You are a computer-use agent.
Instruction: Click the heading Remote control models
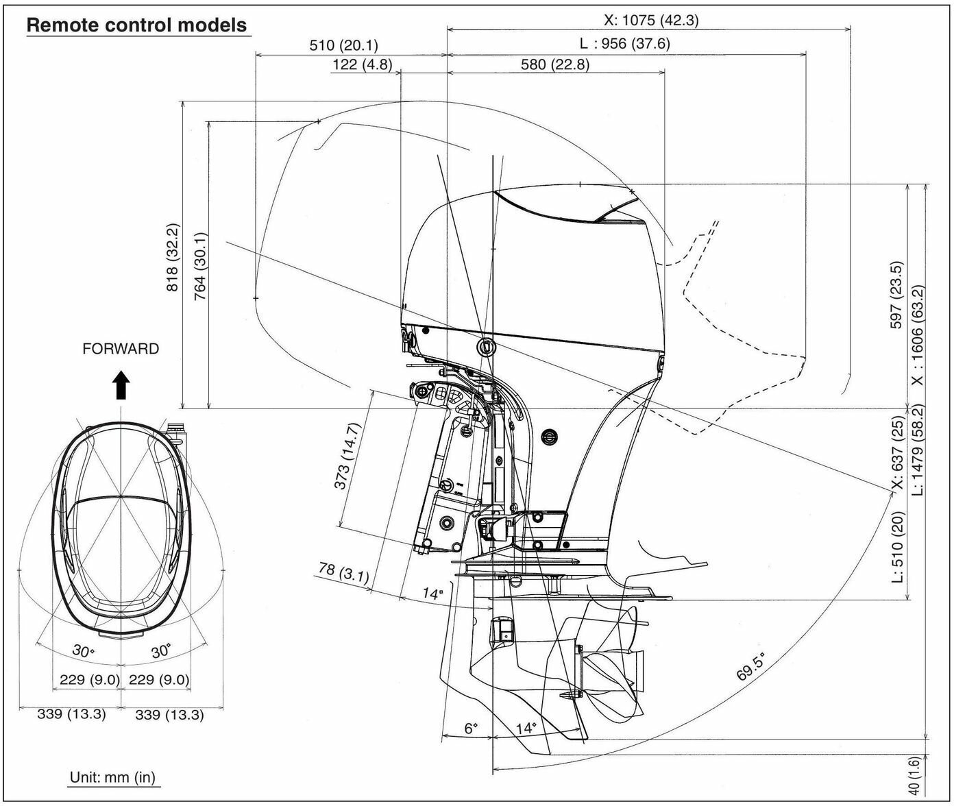tap(137, 25)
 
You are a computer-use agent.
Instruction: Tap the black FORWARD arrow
tap(121, 384)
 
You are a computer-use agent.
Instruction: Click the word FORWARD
tap(121, 349)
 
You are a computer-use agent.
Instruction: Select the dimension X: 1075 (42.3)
tap(651, 20)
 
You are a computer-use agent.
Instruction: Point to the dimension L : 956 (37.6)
tap(625, 44)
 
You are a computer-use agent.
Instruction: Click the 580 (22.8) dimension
tap(555, 64)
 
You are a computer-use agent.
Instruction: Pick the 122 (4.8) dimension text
tap(363, 64)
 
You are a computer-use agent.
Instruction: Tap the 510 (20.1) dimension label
tap(344, 45)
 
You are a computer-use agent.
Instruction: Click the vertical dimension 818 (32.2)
tap(172, 257)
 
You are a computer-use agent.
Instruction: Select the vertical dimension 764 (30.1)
tap(201, 267)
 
